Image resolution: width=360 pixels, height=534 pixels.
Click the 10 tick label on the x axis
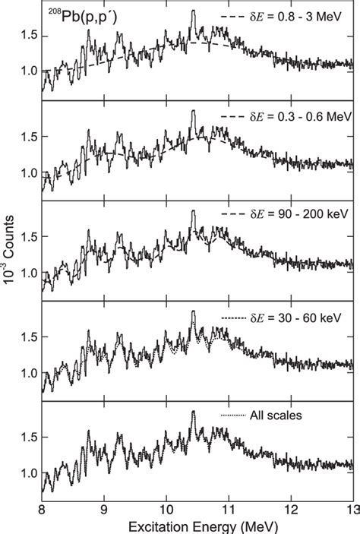click(166, 510)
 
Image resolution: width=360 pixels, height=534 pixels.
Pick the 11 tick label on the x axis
click(229, 510)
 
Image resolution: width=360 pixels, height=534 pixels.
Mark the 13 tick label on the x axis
click(349, 510)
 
